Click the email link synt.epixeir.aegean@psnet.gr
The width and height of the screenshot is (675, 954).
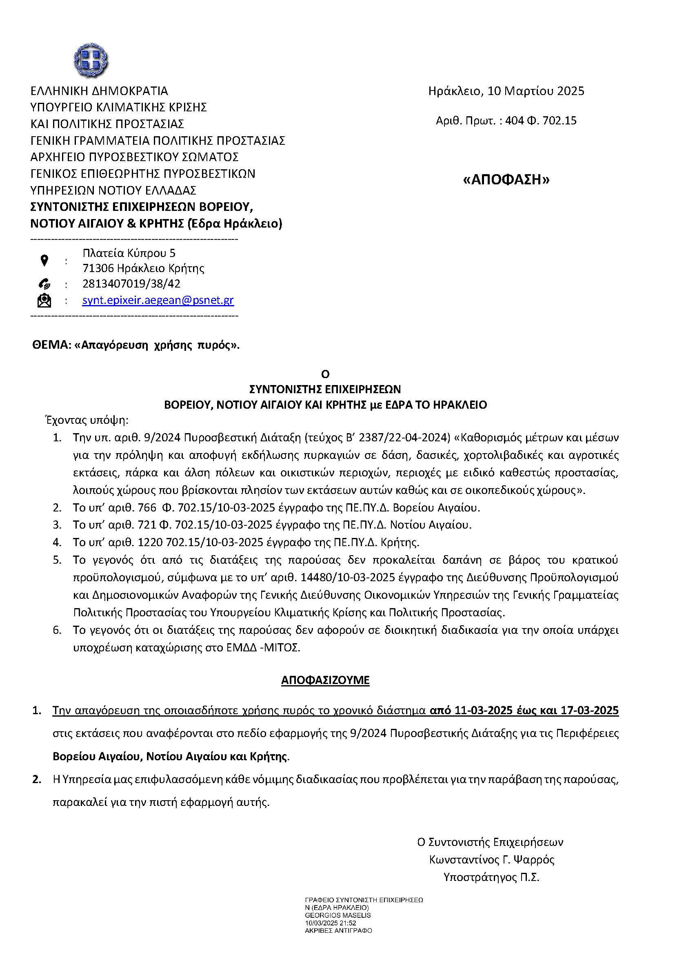(158, 300)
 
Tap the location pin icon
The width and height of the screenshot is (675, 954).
(44, 261)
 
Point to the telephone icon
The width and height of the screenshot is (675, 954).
(44, 284)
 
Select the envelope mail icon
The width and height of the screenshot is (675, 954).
(44, 301)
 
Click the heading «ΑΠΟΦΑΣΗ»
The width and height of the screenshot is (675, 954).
(506, 179)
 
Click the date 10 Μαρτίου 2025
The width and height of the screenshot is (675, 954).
(536, 91)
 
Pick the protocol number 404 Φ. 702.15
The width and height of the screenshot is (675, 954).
(541, 121)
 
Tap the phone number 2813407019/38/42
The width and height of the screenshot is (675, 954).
(131, 284)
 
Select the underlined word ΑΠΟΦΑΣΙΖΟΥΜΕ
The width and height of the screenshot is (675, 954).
(325, 680)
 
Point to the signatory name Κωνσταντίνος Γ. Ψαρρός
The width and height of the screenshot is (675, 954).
(492, 859)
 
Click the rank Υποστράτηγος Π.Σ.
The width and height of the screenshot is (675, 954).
(491, 877)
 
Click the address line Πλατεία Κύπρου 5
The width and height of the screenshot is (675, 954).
(129, 252)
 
